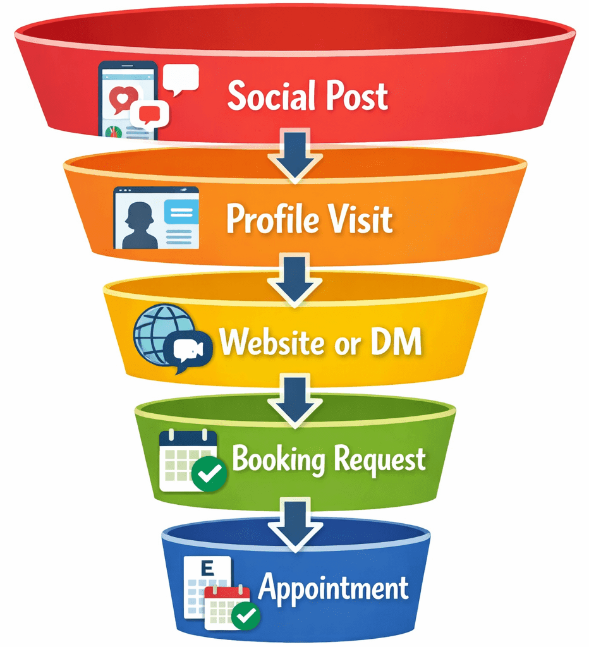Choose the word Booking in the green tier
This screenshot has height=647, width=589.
[x=278, y=459]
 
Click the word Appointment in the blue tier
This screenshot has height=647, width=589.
[x=333, y=588]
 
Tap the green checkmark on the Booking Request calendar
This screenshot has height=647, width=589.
[x=209, y=473]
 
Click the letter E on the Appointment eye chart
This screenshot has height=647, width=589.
[x=205, y=568]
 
